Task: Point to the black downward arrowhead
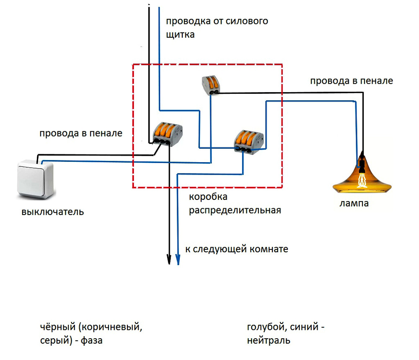pos(169,259)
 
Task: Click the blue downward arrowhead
pos(178,260)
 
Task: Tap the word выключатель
pos(53,212)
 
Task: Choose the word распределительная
pos(234,210)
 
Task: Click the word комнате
pos(269,249)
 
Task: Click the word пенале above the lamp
pos(377,81)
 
